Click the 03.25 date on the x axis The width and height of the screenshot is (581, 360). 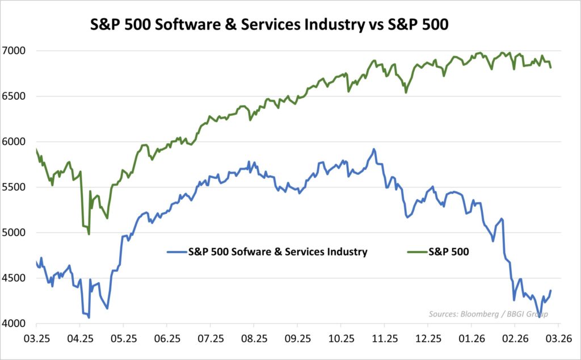[36, 340]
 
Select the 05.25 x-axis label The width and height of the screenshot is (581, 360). [123, 340]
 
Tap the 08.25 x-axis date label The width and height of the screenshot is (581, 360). [254, 340]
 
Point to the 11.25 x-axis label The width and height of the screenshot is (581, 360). [384, 340]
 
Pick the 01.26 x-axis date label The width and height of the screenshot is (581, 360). [471, 340]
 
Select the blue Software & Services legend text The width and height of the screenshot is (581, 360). [277, 252]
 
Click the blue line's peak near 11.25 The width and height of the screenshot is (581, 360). [373, 149]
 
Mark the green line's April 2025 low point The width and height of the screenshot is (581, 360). [89, 233]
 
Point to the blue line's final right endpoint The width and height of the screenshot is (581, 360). [550, 291]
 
